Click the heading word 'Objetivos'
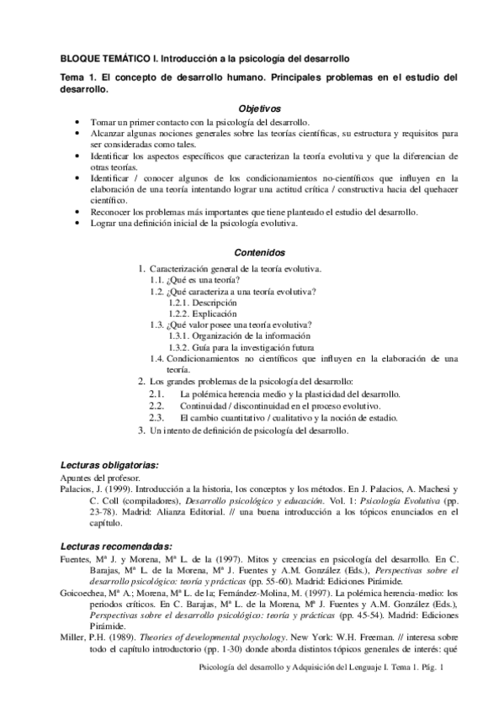[260, 110]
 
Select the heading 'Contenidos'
[260, 253]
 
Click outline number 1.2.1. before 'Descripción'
[178, 302]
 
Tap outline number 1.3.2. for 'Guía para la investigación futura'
[178, 347]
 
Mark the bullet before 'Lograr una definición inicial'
[78, 224]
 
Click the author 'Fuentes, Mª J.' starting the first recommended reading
[88, 558]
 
